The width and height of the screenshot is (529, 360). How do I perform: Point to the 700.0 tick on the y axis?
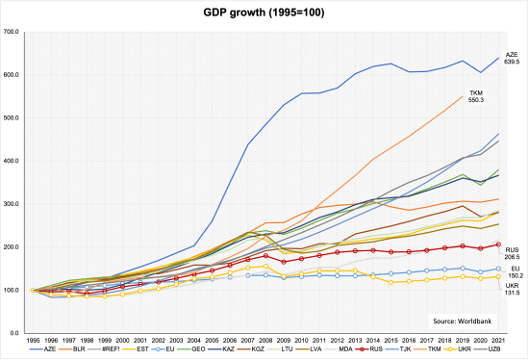12,32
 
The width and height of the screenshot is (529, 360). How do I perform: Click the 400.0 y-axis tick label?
12,161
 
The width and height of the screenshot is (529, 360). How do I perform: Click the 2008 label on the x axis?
264,341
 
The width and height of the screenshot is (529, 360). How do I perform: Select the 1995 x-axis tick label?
34,341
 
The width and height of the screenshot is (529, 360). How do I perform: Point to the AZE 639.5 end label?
512,58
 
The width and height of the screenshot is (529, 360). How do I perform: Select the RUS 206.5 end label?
513,252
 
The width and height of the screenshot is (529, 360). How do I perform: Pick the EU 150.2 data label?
513,270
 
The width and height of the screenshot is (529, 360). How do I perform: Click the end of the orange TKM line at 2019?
463,95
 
